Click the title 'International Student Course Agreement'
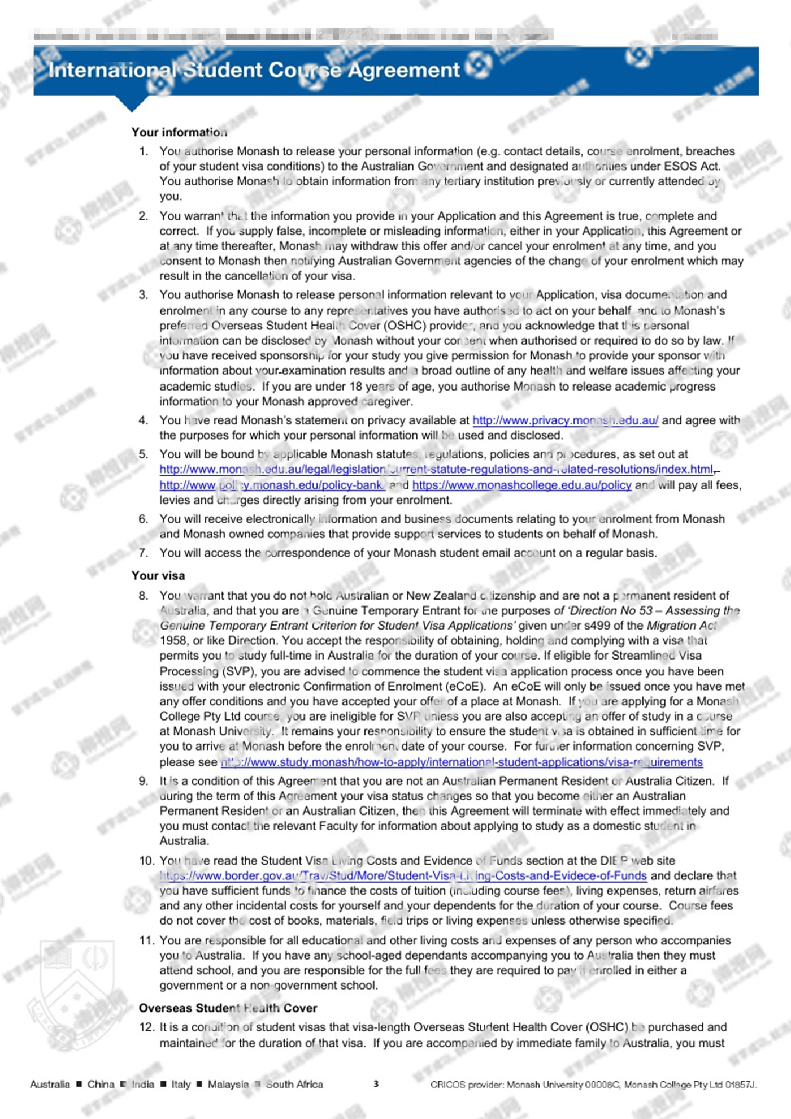(254, 70)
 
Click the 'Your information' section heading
(179, 132)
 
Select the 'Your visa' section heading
(158, 575)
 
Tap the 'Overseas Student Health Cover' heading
(228, 1008)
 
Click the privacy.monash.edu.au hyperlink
(565, 420)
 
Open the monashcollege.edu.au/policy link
(521, 485)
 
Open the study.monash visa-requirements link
(462, 762)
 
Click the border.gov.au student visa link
(403, 875)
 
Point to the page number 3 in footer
(376, 1083)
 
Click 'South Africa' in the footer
(294, 1084)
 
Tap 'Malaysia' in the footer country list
(228, 1084)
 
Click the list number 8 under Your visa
(144, 596)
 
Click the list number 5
(144, 454)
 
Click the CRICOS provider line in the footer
(593, 1085)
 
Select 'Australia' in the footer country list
(50, 1084)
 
